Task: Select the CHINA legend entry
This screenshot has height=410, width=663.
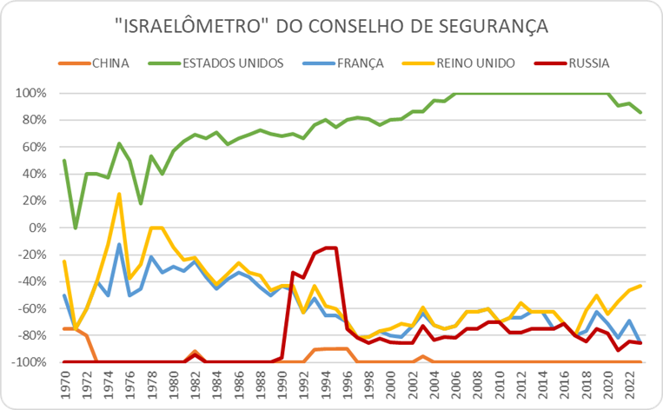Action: [94, 63]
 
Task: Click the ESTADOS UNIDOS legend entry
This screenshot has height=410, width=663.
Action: [215, 63]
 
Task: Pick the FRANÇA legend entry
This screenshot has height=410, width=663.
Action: [343, 63]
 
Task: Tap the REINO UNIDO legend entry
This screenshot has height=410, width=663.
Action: [458, 63]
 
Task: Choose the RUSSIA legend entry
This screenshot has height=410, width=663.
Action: [572, 63]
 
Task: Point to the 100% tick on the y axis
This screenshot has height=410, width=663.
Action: [30, 94]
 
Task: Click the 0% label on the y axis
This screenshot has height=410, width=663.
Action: [37, 228]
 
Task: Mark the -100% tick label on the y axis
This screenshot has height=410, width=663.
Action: [29, 362]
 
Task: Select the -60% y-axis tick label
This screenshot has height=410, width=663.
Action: [31, 308]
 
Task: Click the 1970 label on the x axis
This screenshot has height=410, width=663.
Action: [65, 385]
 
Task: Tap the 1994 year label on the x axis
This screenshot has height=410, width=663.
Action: [326, 385]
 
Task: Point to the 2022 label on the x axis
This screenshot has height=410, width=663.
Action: [631, 385]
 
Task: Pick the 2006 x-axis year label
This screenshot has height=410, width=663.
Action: [456, 385]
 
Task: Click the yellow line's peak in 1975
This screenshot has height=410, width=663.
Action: [119, 194]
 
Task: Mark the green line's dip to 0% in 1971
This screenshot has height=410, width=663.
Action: [76, 228]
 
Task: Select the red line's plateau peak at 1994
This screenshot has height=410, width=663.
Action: [331, 248]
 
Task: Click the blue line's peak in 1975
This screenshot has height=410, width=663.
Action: [120, 244]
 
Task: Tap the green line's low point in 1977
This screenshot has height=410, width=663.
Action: [141, 204]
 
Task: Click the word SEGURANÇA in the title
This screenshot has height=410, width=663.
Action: [493, 26]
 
